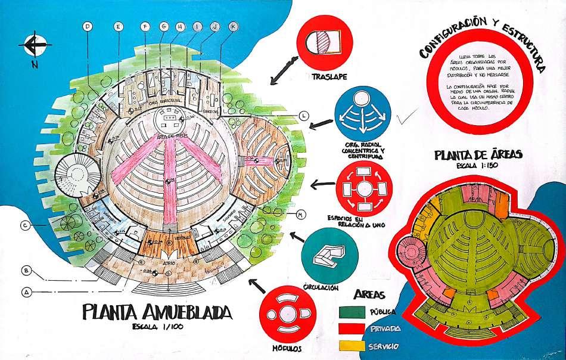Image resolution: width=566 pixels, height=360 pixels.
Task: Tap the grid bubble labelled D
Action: pos(87,26)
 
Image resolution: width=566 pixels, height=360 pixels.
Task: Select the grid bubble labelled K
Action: pos(233,26)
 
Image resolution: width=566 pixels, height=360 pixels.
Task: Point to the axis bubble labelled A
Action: pos(26,292)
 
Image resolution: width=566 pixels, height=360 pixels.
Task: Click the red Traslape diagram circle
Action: pos(325,44)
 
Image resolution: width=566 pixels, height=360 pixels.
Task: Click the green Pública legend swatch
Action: pos(350,311)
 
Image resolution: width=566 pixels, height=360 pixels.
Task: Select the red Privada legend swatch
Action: pos(350,328)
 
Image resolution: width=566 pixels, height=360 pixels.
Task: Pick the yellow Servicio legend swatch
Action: pos(350,345)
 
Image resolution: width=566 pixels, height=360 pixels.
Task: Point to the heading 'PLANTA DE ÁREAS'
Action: pos(478,155)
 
